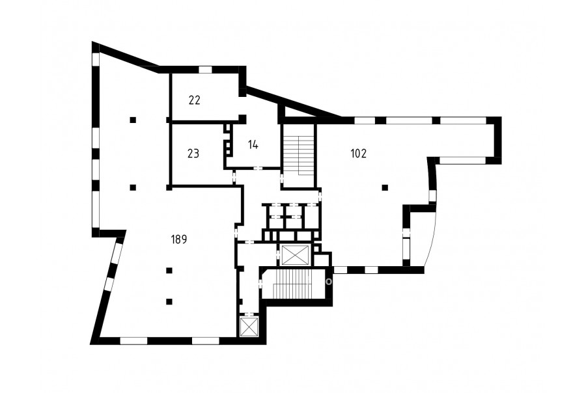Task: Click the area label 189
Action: (178, 239)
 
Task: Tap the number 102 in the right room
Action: (358, 153)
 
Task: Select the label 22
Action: (194, 100)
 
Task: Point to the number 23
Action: (193, 154)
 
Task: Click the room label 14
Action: (253, 144)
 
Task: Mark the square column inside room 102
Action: (385, 187)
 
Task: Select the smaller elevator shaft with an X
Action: (249, 327)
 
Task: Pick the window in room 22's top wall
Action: (205, 70)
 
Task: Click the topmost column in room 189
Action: (133, 120)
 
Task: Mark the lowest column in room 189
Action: (169, 301)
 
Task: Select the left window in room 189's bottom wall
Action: (133, 341)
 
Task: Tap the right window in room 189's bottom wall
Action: (205, 341)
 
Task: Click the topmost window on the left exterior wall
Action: (96, 60)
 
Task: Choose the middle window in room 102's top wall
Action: (409, 120)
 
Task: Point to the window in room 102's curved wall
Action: (432, 196)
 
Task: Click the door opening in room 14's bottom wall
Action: (257, 168)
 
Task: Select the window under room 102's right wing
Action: (462, 161)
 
